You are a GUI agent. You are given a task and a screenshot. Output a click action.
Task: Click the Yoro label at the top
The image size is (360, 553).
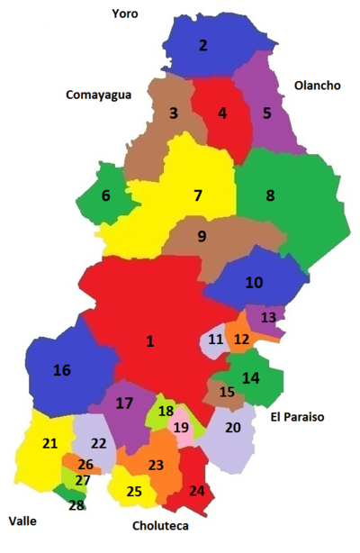125,14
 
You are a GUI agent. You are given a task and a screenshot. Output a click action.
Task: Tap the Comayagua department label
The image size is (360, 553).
100,94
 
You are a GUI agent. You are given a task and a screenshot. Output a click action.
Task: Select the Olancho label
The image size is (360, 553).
318,86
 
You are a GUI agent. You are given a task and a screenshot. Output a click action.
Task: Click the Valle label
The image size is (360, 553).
23,521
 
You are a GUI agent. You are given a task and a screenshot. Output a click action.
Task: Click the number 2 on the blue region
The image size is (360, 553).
202,45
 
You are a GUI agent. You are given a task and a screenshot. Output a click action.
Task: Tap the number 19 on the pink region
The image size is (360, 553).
181,428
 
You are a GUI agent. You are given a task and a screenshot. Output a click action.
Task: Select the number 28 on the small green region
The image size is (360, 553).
76,505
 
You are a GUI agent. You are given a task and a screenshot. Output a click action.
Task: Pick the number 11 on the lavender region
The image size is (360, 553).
215,340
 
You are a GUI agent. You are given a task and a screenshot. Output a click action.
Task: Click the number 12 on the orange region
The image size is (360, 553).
241,340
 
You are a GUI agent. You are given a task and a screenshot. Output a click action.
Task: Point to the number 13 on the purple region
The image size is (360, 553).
268,318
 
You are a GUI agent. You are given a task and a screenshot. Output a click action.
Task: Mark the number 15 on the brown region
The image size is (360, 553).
227,392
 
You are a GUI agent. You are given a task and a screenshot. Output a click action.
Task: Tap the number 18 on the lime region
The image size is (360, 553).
166,412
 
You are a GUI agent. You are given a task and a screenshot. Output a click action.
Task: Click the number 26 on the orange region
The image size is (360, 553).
85,465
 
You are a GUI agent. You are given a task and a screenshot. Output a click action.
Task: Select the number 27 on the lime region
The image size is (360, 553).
83,481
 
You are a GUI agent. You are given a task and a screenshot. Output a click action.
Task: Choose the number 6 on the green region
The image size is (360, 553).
106,195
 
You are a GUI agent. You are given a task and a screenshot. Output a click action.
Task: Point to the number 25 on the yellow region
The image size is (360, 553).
134,492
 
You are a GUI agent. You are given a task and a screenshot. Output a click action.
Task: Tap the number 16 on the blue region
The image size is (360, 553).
61,370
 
